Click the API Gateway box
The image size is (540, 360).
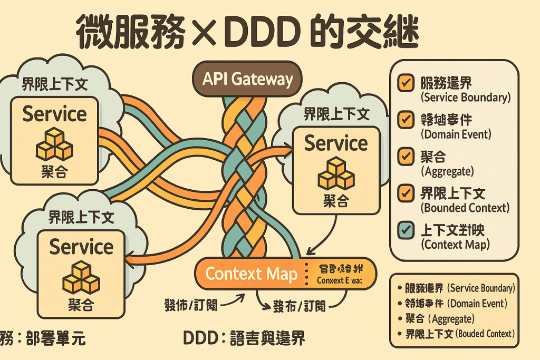tap(247, 80)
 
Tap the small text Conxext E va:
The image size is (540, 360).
tap(340, 281)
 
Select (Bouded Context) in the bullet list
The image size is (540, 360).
tap(485, 334)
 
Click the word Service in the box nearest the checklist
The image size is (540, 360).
tap(336, 143)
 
